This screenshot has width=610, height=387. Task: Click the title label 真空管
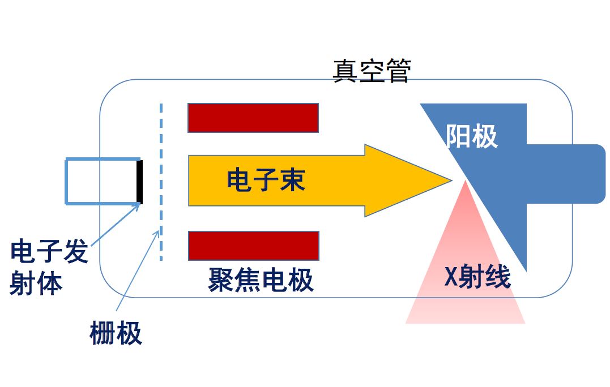tap(372, 71)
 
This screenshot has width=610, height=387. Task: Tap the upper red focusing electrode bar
tap(253, 118)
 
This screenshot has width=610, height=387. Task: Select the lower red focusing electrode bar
tap(254, 246)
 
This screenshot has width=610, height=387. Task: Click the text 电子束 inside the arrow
tap(266, 179)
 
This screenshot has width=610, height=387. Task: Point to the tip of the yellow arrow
tap(451, 180)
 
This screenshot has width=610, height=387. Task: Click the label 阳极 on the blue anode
tap(471, 136)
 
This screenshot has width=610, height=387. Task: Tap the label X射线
tap(477, 277)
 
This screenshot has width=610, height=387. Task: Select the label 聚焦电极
tap(261, 280)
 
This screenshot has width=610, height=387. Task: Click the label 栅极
tap(116, 333)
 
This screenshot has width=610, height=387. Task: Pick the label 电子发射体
tap(49, 267)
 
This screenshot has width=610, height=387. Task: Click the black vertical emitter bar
tap(140, 182)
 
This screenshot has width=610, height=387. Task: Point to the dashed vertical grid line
tap(161, 182)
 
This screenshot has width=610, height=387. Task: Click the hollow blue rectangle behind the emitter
tap(66, 181)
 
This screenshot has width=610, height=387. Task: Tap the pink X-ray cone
tap(465, 272)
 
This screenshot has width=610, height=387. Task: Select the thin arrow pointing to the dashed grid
tap(138, 270)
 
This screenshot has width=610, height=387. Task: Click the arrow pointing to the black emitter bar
tap(116, 224)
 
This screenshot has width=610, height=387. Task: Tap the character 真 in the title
tap(345, 71)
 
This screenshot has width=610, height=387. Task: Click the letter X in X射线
tap(451, 277)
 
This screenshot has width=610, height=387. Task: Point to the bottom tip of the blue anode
tap(526, 271)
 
